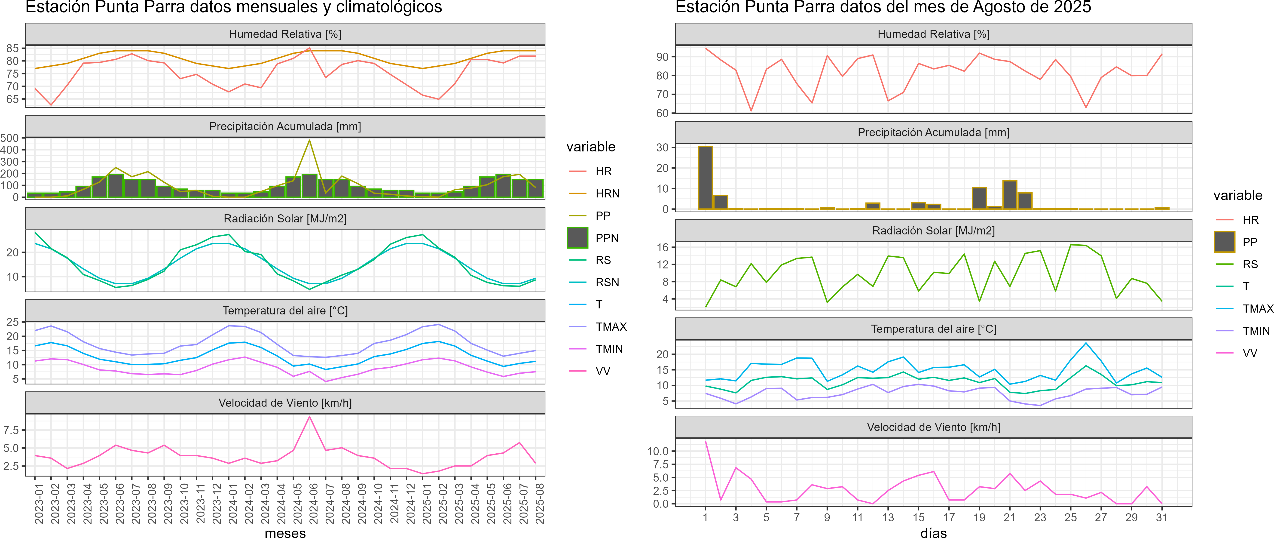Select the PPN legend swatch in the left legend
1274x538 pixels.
pos(577,238)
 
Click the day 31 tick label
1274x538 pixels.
pos(1162,517)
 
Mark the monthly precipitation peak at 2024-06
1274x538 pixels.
pos(310,141)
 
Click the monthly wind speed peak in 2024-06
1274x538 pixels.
pos(310,417)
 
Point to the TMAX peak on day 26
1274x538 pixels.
pos(1086,343)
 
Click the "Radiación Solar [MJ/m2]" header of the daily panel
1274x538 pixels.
pos(933,231)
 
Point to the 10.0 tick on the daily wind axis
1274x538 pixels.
pos(658,451)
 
